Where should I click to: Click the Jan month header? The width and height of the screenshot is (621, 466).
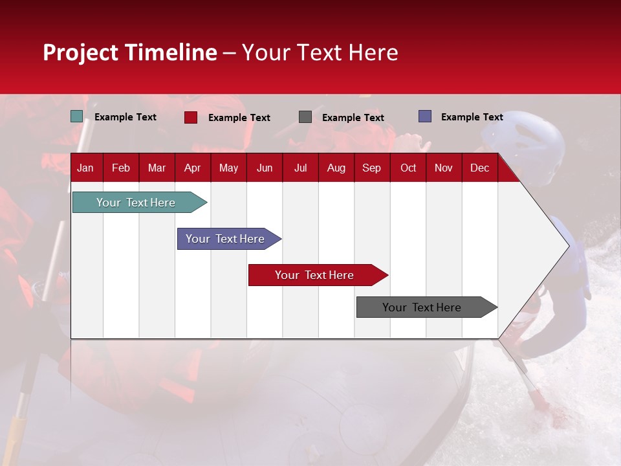85,168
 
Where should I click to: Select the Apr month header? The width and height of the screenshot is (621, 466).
192,168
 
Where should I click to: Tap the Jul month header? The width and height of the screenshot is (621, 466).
300,168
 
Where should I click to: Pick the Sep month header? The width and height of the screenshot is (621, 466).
371,168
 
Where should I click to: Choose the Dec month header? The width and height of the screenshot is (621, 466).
479,168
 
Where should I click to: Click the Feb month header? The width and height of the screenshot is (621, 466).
121,168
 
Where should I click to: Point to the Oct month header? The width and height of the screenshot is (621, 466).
408,168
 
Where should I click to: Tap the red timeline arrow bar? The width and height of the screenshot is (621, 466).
315,275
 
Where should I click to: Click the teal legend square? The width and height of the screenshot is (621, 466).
77,116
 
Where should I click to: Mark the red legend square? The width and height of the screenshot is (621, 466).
191,117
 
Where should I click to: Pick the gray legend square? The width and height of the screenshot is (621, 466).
305,117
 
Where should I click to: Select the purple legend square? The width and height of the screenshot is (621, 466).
425,116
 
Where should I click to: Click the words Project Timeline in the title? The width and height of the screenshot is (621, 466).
130,52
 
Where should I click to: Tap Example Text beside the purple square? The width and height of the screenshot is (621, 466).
472,117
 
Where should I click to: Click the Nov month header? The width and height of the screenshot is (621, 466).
444,168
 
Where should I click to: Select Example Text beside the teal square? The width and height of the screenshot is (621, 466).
125,117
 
